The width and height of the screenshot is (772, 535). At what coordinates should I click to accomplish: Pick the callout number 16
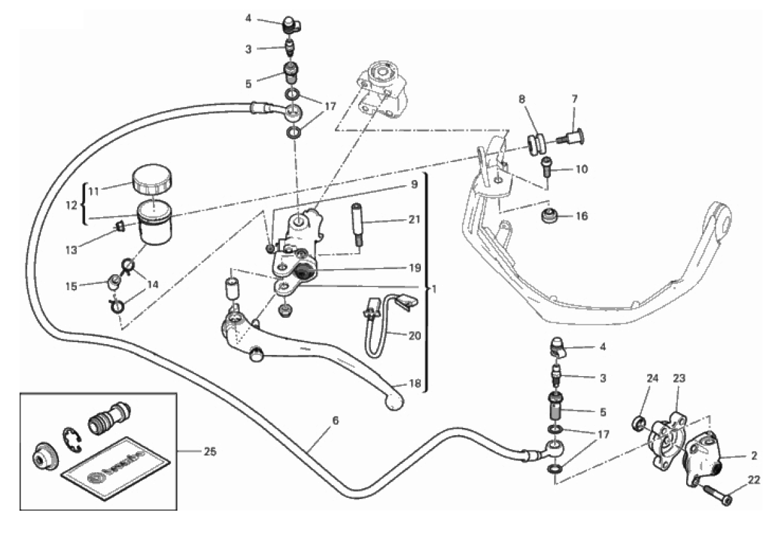pyautogui.click(x=581, y=217)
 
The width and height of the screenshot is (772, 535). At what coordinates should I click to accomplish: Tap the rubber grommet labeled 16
pyautogui.click(x=548, y=216)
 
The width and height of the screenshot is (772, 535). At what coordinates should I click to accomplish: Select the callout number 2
pyautogui.click(x=754, y=456)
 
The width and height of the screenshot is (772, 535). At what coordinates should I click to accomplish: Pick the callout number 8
pyautogui.click(x=522, y=100)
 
